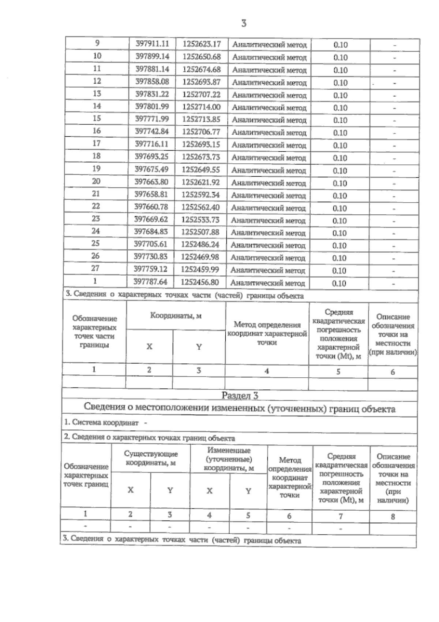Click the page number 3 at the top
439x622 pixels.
point(244,23)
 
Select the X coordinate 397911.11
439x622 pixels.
point(152,44)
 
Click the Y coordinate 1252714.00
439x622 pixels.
point(201,107)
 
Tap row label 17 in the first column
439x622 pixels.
point(96,143)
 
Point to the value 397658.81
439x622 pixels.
point(151,194)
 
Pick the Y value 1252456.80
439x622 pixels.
point(200,282)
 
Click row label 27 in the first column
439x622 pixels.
point(95,268)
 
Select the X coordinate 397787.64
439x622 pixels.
point(150,281)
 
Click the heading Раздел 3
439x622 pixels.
point(240,396)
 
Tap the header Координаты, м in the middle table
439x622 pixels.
point(176,316)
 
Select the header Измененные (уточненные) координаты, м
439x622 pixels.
point(229,459)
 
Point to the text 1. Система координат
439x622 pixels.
point(101,422)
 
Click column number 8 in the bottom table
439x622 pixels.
point(393,517)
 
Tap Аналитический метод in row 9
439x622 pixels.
point(269,45)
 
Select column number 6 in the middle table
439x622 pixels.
point(393,372)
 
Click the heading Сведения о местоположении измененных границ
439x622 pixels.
point(240,408)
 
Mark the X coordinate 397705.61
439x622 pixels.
point(151,244)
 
